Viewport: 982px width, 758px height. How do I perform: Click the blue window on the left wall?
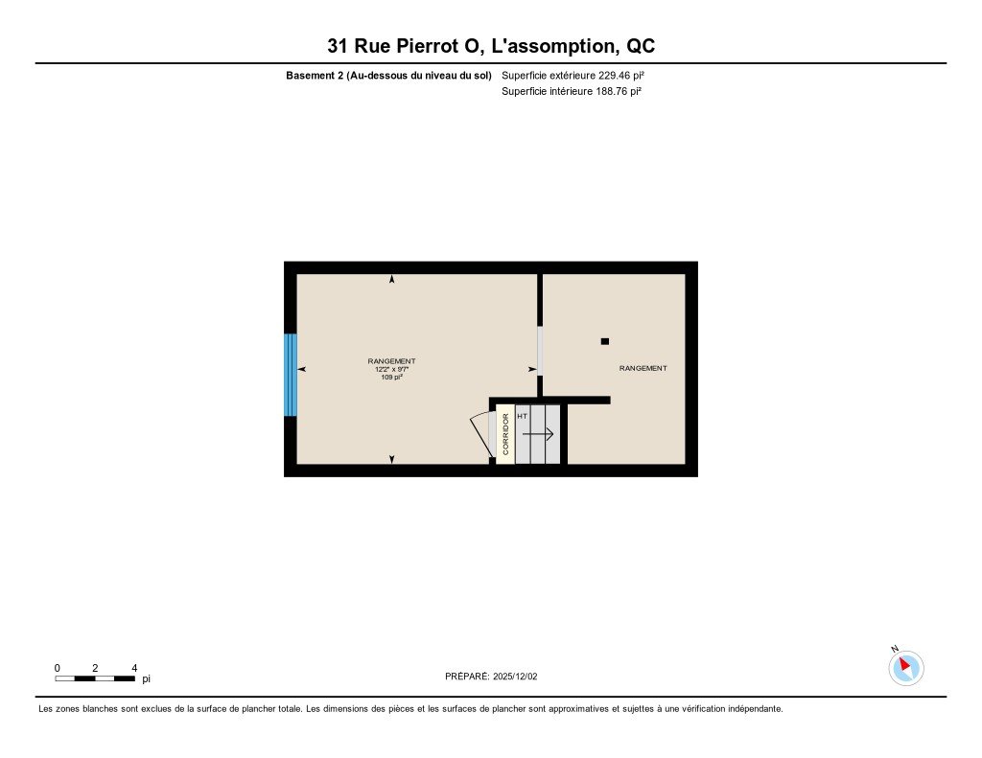click(x=290, y=375)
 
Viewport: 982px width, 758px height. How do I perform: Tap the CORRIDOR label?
click(x=505, y=434)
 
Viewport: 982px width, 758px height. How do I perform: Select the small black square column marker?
click(x=604, y=340)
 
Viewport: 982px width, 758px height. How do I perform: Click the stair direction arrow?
click(x=538, y=434)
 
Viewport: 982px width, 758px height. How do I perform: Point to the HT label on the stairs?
click(x=522, y=416)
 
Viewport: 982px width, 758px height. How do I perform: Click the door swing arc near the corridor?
click(x=479, y=430)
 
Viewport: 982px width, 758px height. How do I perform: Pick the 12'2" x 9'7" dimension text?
click(x=391, y=369)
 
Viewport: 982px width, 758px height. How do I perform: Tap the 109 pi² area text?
click(x=391, y=378)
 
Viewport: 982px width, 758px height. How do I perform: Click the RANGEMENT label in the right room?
click(x=643, y=369)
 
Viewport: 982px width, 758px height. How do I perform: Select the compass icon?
click(x=905, y=667)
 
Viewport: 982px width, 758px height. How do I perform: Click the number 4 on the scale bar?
click(x=134, y=668)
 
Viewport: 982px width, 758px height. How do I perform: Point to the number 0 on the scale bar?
click(x=57, y=668)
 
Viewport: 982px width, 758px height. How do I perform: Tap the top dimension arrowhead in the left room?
click(x=391, y=279)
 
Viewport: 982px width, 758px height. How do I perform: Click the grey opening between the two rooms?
click(x=540, y=351)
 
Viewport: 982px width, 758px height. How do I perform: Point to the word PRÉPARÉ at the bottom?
click(x=467, y=676)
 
